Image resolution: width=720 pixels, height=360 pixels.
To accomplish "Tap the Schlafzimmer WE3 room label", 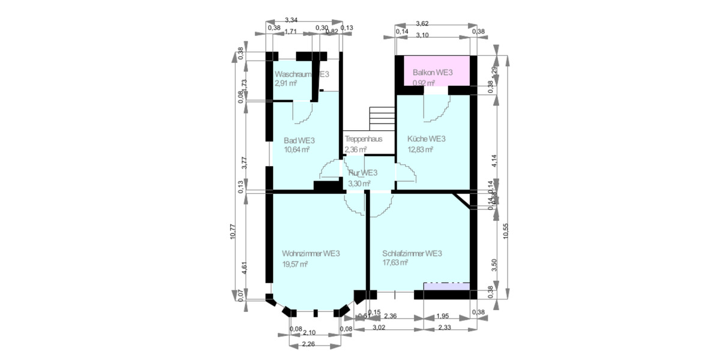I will [412, 253].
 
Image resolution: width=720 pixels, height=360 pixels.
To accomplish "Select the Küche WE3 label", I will [426, 139].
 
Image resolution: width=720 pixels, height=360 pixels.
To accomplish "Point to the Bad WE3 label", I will [299, 140].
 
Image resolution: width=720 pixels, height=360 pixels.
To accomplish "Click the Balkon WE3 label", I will [432, 73].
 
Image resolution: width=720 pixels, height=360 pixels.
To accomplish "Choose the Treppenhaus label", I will [364, 139].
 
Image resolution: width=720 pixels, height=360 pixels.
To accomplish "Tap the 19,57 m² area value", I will [295, 264].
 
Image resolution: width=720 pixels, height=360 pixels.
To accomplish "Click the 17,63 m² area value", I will [395, 263].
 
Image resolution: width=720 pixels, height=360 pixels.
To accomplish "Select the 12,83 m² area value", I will [421, 149].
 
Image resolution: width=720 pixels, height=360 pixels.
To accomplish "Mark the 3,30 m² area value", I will [359, 183].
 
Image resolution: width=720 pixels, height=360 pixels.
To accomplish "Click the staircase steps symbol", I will [382, 117].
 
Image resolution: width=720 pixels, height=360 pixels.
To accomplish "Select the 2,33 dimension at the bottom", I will [445, 328].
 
